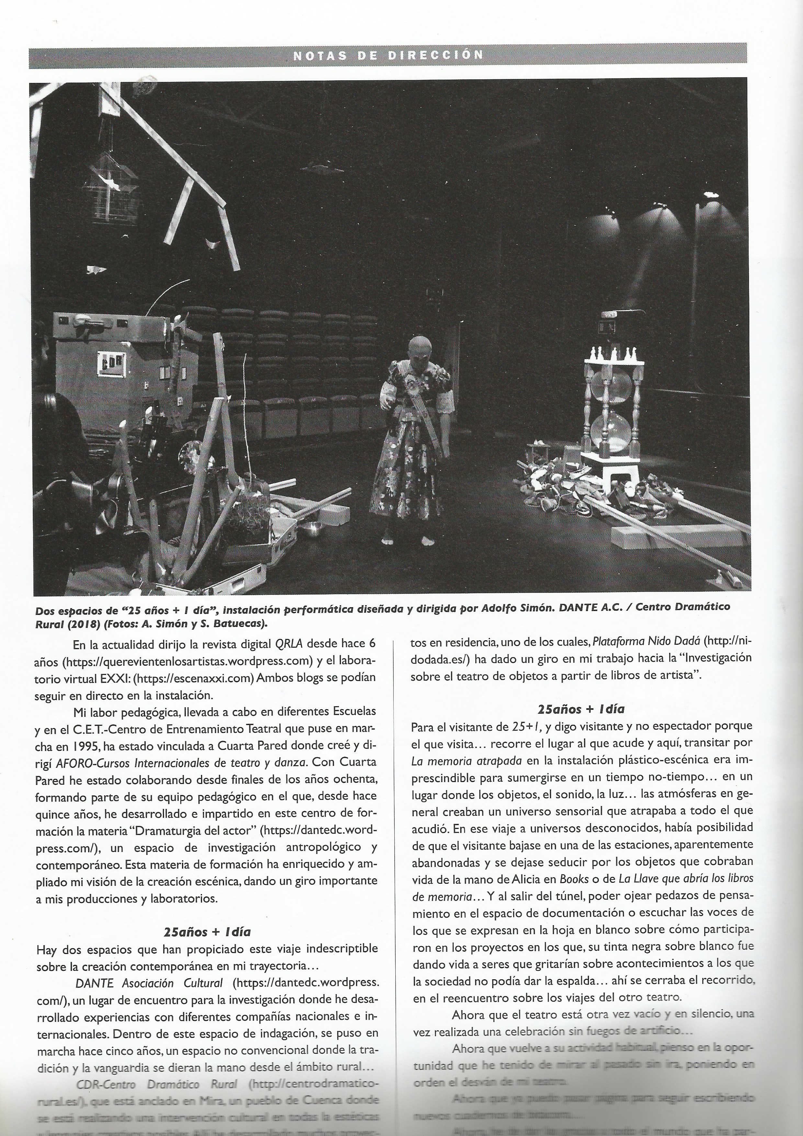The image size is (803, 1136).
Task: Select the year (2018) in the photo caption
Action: point(83,623)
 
